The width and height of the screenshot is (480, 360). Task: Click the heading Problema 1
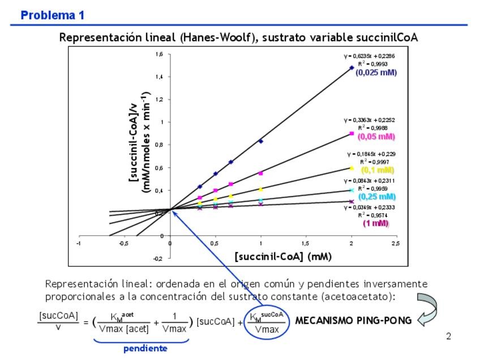coord(53,15)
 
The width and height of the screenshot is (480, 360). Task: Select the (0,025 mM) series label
coord(376,73)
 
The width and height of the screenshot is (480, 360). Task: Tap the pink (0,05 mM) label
coord(376,136)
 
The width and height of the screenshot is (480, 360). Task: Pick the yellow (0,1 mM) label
coord(378,169)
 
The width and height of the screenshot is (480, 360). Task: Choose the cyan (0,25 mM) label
coord(378,196)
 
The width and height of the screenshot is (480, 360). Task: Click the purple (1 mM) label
coord(376,223)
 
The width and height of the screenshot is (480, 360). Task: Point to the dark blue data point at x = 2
coord(352,67)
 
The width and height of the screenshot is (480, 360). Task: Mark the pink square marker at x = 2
coord(352,134)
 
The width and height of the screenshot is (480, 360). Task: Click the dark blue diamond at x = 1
coord(261,141)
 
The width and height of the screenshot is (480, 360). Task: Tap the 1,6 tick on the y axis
coord(159,54)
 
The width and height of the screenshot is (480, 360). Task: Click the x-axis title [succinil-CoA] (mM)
coord(283,256)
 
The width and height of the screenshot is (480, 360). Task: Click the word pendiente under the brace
coord(145,349)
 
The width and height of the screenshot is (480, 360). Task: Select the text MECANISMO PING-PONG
coord(353,320)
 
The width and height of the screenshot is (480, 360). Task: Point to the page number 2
coord(449,337)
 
